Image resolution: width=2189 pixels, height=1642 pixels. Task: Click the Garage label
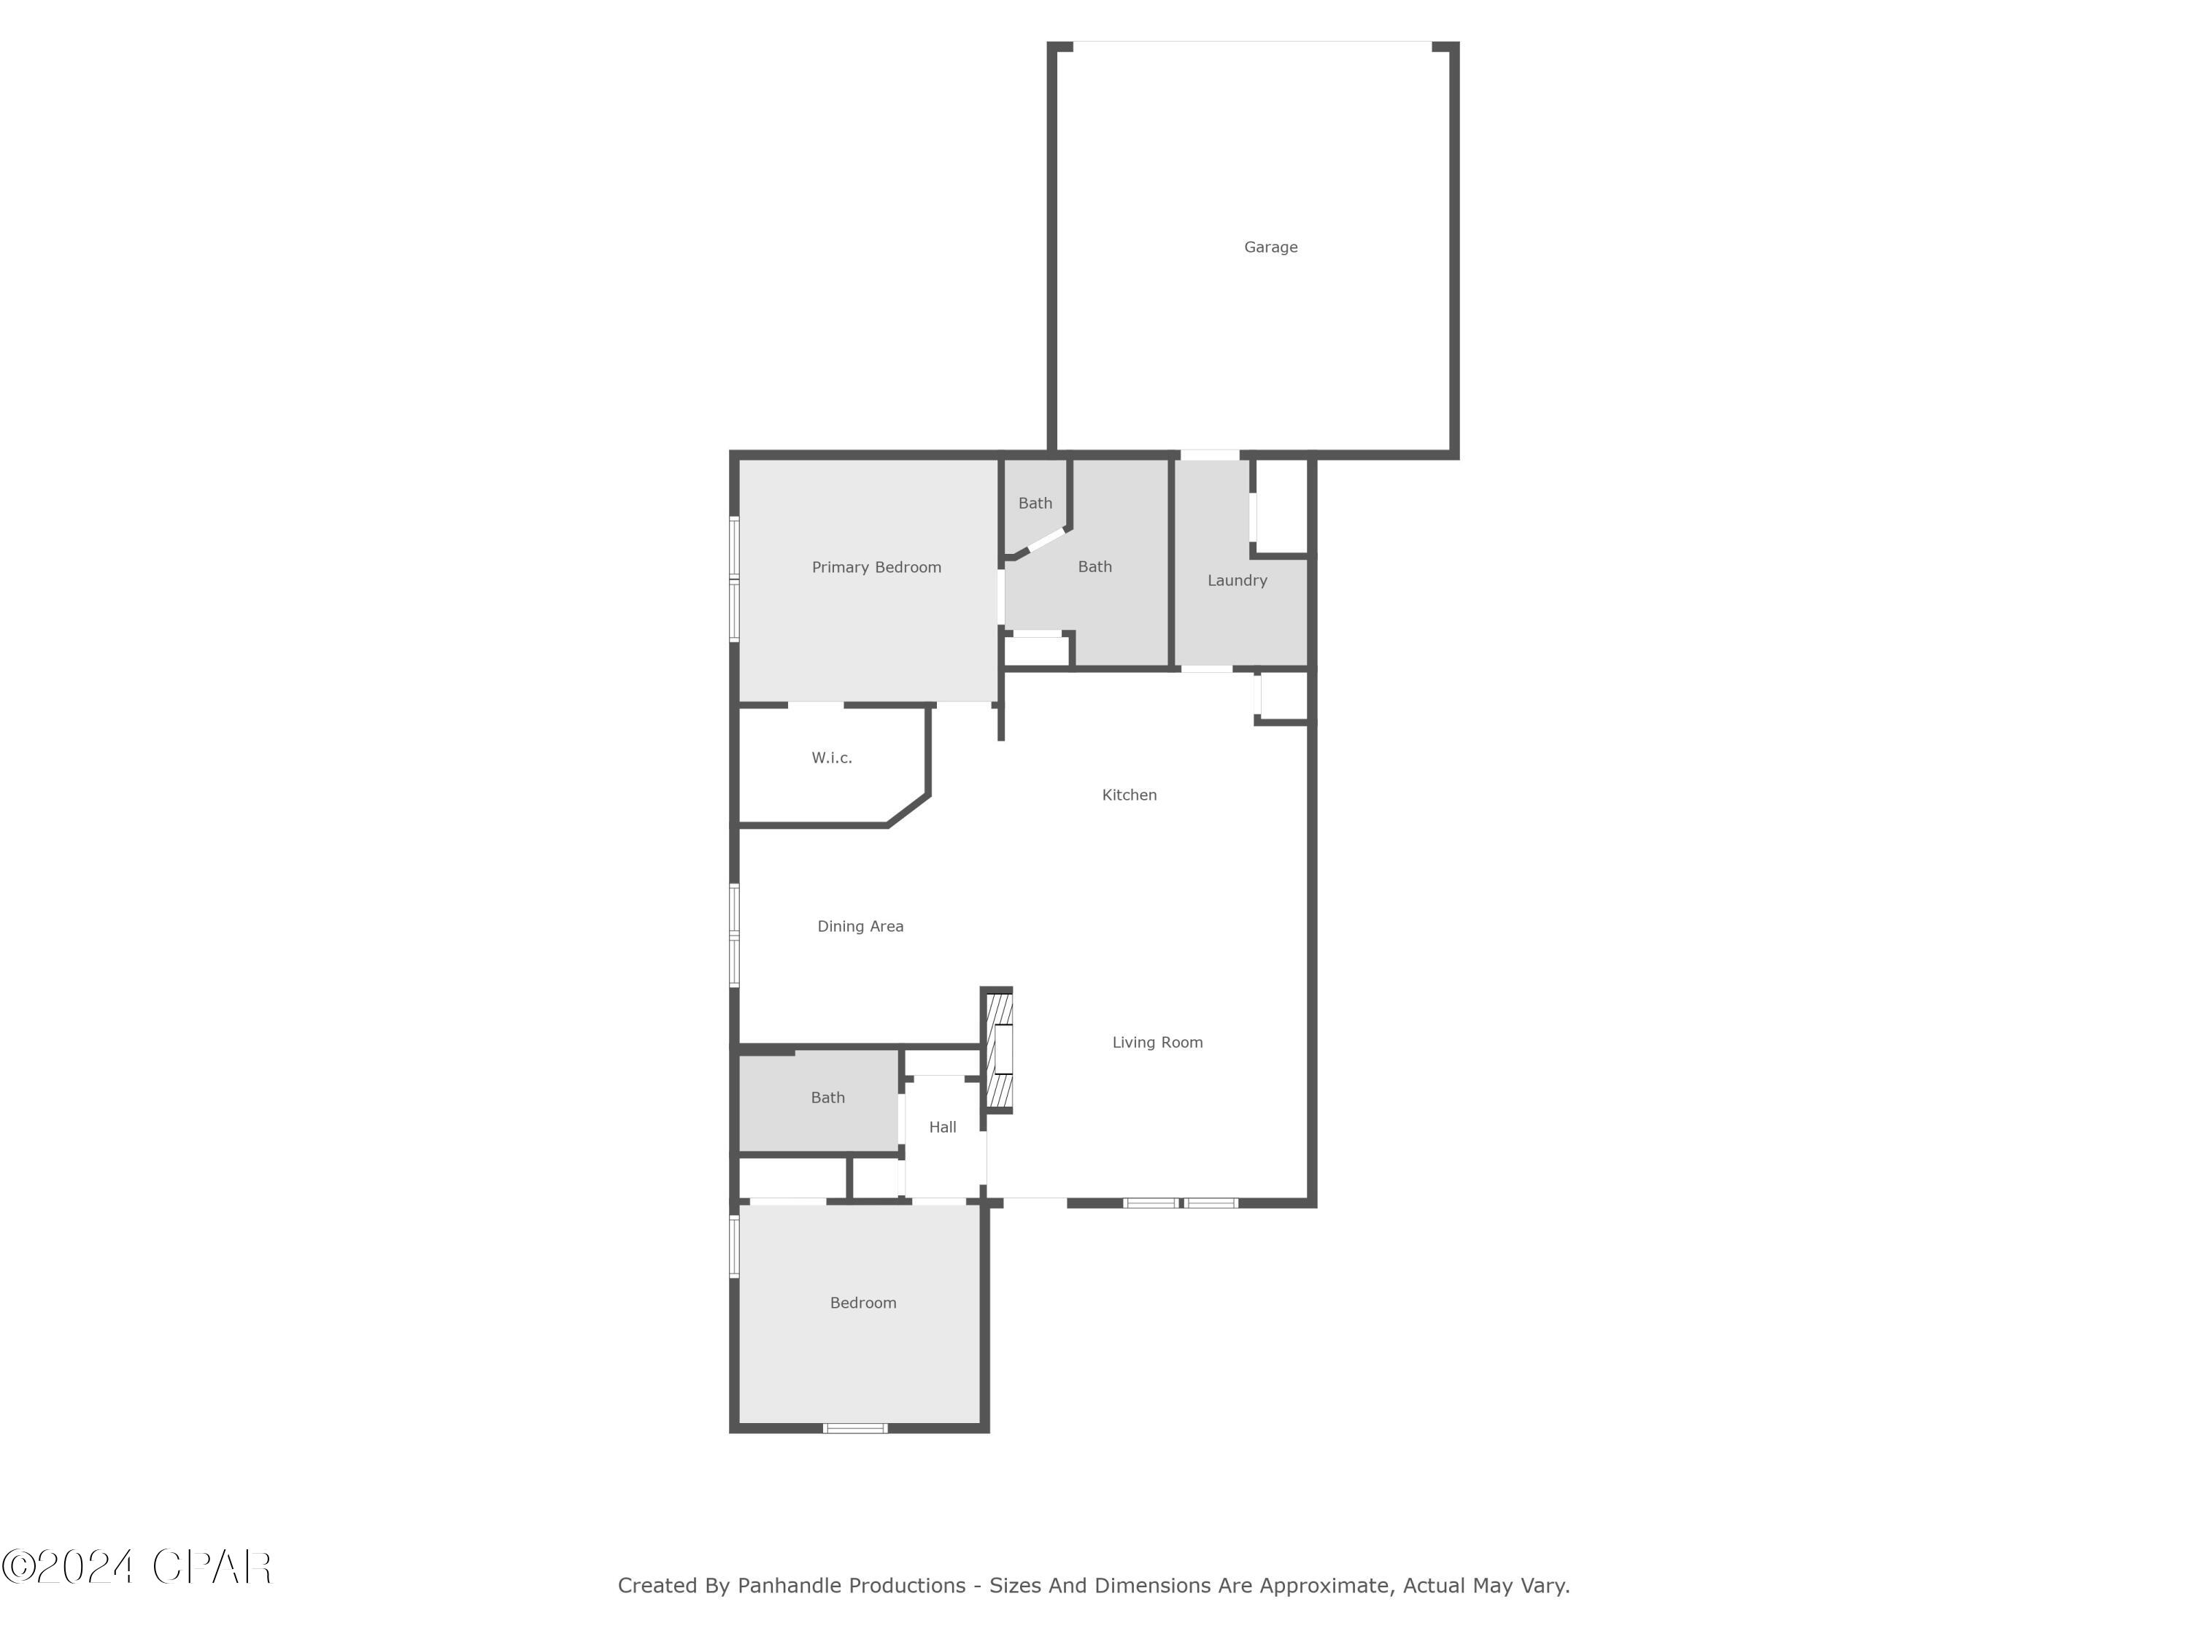1270,247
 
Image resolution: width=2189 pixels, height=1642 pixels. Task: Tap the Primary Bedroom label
876,567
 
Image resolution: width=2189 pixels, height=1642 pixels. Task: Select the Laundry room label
1237,581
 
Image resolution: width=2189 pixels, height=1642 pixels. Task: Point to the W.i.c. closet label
831,758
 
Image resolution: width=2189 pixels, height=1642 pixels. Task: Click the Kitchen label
1129,795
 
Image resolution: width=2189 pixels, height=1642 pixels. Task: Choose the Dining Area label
860,926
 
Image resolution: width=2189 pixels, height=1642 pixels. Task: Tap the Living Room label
1157,1042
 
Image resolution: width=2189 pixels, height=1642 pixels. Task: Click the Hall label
942,1128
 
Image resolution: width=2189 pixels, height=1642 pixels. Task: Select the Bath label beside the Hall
827,1098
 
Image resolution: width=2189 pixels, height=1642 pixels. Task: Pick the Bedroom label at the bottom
863,1303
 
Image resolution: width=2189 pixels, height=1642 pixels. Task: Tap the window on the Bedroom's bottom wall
856,1428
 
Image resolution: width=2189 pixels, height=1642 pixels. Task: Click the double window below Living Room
1181,1203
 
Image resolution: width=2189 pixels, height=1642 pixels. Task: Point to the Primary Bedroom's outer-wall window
734,578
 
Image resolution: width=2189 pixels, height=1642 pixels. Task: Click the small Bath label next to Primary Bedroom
1035,504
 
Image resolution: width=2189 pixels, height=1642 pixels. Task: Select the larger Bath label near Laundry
1094,567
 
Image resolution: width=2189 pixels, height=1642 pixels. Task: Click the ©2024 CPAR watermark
136,1567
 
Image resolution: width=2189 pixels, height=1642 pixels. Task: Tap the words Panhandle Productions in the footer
851,1586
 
